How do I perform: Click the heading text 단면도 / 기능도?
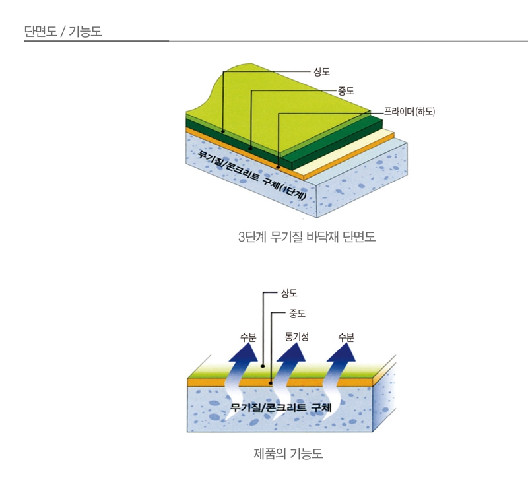pos(63,31)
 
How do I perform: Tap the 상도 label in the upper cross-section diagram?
pos(321,71)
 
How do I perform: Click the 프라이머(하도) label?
pos(409,112)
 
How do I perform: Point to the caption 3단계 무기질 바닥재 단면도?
pos(307,236)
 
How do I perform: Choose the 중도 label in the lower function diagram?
pos(297,314)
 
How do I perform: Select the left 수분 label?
pos(248,337)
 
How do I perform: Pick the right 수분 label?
pos(346,337)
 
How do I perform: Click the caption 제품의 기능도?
pos(288,454)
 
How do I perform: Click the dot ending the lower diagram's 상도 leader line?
pos(263,365)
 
